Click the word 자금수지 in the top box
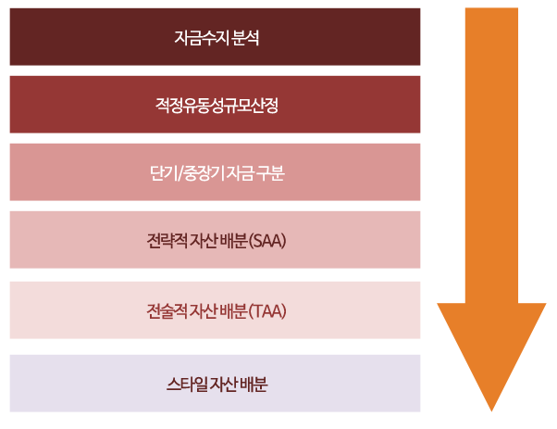pos(202,37)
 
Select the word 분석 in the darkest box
pos(245,37)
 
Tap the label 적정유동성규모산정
pos(217,106)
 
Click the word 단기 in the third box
pos(164,173)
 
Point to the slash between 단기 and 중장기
pos(180,173)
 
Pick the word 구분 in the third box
pos(270,173)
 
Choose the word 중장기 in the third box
pos(204,173)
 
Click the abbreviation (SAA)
pos(267,241)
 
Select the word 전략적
pos(167,241)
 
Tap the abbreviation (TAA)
pos(267,311)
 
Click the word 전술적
pos(167,311)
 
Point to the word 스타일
pos(187,385)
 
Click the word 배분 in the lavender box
pos(254,385)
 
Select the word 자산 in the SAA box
pos(204,241)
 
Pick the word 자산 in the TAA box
pos(204,311)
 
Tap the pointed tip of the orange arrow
pos(491,410)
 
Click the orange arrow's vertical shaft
pos(491,156)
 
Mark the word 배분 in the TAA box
pos(234,311)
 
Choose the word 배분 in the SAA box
pos(234,241)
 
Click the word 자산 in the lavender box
pos(224,385)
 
